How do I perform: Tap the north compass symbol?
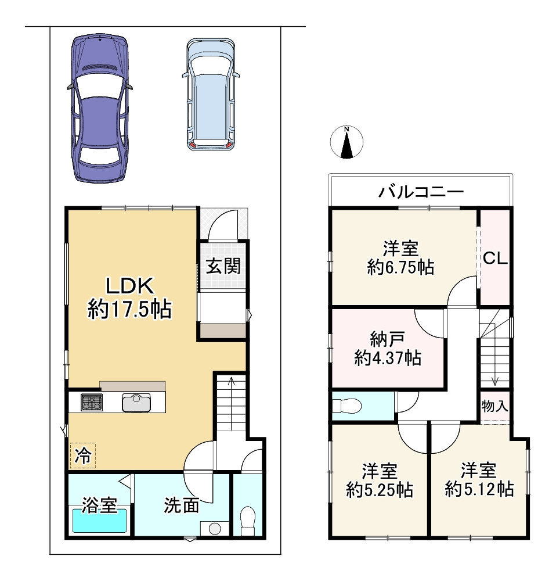346,142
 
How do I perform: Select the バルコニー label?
421,192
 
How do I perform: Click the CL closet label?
495,259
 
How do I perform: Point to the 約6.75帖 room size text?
400,267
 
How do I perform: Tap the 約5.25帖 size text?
380,490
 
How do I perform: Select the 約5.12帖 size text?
479,489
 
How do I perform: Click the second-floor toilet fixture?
347,406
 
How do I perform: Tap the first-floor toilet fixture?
248,521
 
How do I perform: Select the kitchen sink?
136,403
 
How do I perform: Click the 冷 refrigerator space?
82,456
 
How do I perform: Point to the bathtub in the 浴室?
99,521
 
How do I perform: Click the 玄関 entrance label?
223,267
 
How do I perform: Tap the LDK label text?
129,286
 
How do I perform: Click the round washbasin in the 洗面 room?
215,528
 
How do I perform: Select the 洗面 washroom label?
182,505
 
